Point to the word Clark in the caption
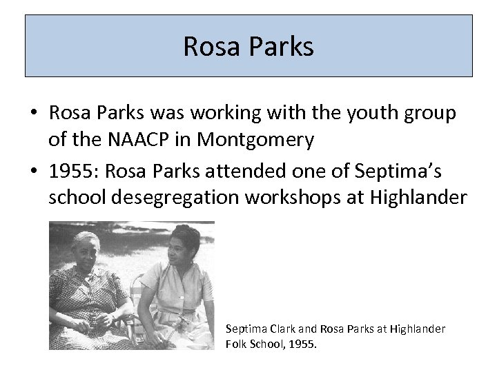278,329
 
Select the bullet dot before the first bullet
33,114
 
